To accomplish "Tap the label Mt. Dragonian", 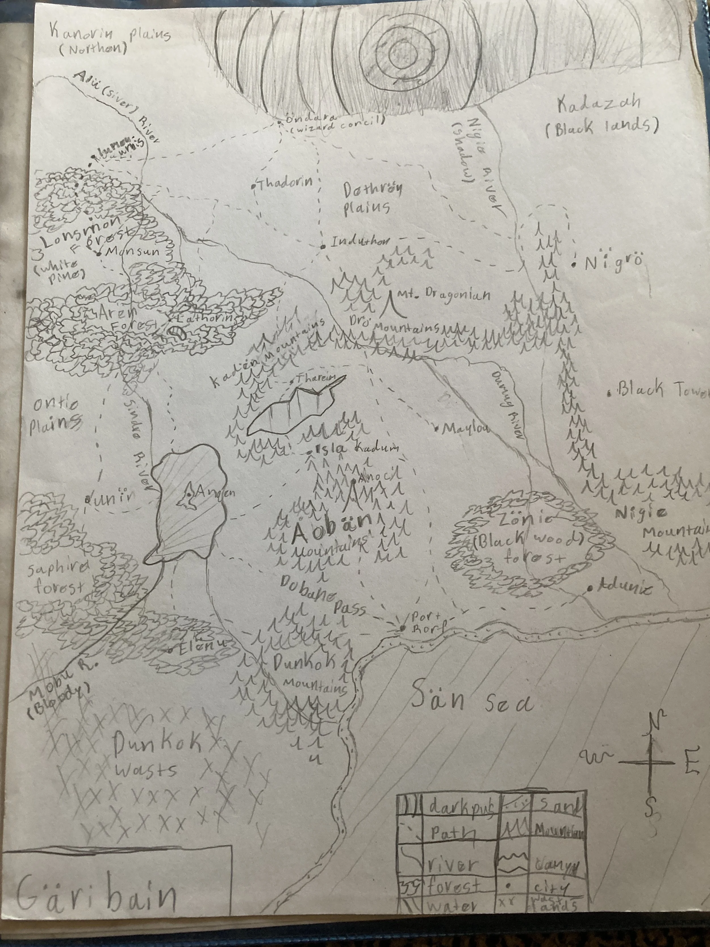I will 443,295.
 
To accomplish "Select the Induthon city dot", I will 323,246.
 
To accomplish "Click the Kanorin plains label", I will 109,39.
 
